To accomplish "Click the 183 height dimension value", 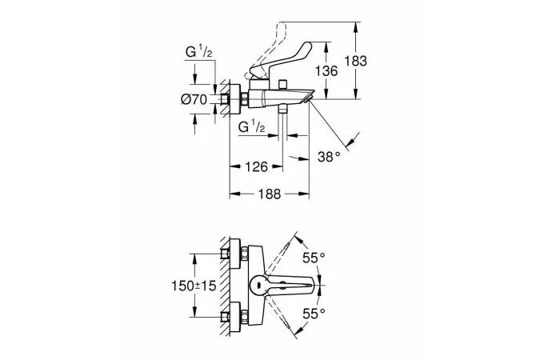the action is (x=356, y=61).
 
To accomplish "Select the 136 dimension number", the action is (x=326, y=71).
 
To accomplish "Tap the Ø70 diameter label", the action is (x=194, y=99).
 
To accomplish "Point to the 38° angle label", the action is (x=329, y=157).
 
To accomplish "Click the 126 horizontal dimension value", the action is (x=256, y=167).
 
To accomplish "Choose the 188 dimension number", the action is (x=270, y=194).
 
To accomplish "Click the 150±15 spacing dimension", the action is (x=194, y=286).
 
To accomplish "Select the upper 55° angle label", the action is (x=314, y=258).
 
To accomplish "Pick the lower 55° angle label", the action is (x=314, y=314).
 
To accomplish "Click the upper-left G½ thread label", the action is (x=198, y=52).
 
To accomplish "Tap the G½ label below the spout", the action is (x=252, y=127).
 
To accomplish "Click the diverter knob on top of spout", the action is (x=283, y=84).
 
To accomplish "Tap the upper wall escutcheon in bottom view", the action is (x=235, y=254).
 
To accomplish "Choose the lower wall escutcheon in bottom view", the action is (x=235, y=318).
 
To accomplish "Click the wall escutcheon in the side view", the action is (x=235, y=99).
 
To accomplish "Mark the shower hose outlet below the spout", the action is (x=283, y=109).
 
